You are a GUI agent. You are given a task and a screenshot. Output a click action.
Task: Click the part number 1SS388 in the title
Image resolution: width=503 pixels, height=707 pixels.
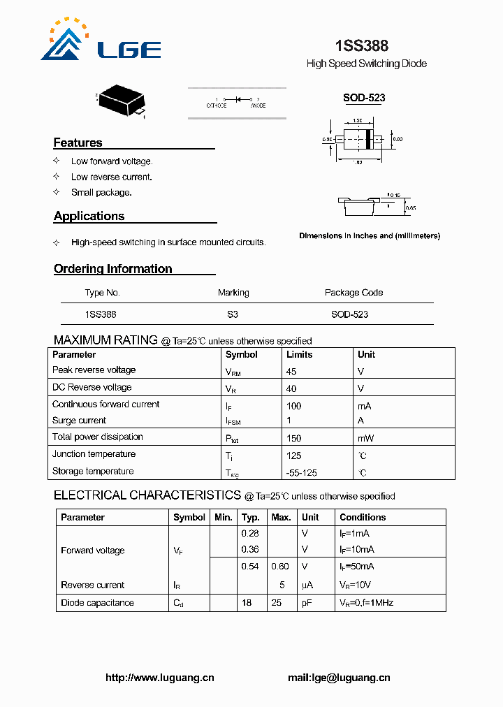[361, 46]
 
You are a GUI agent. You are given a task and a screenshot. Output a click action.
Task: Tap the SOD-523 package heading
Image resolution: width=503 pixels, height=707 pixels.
[364, 98]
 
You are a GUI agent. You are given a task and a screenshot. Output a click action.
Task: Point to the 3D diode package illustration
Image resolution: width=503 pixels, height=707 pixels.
[122, 101]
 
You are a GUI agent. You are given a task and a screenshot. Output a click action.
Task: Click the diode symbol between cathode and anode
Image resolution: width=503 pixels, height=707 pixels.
[238, 99]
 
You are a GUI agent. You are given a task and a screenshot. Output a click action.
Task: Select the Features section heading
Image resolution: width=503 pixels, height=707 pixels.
[78, 143]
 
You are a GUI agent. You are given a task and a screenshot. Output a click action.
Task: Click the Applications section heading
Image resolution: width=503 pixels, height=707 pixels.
[89, 216]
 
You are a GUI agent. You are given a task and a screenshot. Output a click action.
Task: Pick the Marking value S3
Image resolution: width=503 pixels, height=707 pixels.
[233, 314]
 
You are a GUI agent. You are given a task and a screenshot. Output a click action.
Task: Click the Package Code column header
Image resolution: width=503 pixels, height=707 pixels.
[353, 293]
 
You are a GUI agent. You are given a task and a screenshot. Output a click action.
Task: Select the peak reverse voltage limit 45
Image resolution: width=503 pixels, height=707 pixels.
[292, 372]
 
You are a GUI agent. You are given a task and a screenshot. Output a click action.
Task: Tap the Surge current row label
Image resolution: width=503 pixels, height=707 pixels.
[79, 421]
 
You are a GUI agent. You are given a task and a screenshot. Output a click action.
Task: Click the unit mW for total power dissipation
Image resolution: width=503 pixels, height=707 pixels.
[365, 438]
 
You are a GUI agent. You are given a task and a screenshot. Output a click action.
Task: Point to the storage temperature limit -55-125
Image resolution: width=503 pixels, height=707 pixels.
[302, 473]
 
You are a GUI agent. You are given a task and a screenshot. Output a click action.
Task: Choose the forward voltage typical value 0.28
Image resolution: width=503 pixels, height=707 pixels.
[250, 533]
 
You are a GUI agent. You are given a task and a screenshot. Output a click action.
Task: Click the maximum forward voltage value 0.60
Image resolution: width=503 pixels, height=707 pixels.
[280, 567]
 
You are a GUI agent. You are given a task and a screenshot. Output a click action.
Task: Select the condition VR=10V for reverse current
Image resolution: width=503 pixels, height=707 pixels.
[355, 585]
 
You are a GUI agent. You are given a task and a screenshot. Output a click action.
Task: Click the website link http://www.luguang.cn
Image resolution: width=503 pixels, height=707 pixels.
[159, 678]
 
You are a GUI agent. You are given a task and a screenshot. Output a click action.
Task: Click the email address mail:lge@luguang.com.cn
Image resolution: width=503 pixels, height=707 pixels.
[339, 678]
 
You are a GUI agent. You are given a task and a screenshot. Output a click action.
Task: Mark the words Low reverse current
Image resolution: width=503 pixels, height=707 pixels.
[111, 177]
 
